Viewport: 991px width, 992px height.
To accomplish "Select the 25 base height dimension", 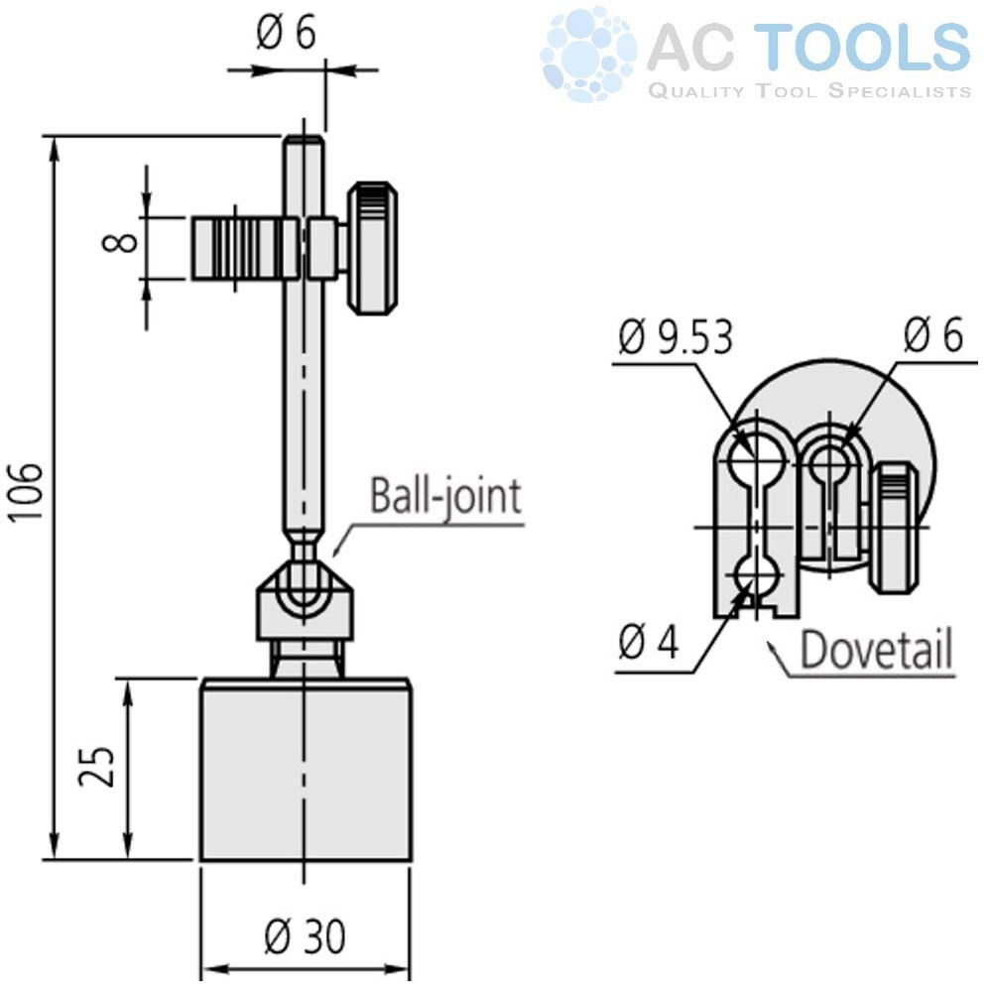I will click(99, 766).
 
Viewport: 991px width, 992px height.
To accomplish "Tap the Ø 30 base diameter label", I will click(306, 935).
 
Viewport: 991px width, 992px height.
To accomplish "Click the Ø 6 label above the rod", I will click(287, 34).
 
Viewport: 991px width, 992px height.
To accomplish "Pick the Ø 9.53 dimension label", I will click(676, 338).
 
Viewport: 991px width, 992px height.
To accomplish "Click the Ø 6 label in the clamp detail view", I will click(932, 336).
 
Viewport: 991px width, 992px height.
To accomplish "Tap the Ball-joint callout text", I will click(445, 495).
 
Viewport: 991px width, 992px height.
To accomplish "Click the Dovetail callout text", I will click(876, 650).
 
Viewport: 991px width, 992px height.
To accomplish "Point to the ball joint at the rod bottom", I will click(304, 584).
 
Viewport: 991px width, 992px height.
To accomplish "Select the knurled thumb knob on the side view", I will click(373, 248).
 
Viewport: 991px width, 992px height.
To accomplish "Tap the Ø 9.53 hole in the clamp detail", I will click(757, 458).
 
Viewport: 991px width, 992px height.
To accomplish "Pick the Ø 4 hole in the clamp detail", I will click(757, 573).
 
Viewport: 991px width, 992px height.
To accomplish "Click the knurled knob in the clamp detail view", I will click(896, 528).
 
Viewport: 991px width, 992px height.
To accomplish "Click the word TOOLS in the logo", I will click(869, 48).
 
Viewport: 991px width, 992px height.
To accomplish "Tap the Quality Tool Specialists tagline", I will click(808, 91).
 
